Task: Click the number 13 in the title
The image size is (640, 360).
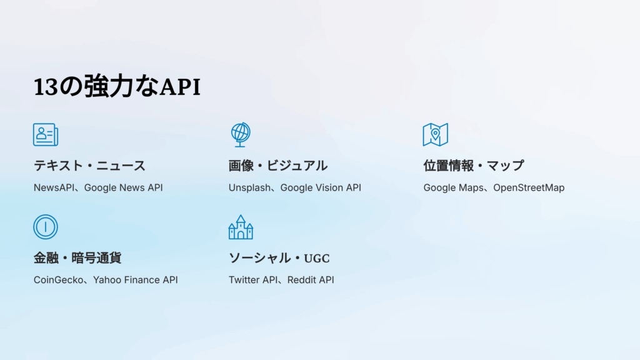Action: coord(45,87)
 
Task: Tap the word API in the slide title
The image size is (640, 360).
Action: coord(180,87)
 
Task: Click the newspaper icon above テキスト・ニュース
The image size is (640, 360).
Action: coord(46,134)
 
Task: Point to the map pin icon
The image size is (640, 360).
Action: coord(435,134)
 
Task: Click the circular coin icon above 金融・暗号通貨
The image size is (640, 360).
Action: coord(46,227)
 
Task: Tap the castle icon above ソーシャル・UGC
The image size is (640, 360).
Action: coord(241,227)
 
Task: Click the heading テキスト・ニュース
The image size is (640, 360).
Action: coord(89,166)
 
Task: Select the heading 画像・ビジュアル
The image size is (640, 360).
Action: coord(278,166)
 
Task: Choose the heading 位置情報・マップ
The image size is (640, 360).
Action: coord(473,166)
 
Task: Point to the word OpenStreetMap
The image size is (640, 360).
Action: coord(529,187)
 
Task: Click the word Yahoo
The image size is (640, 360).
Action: coord(107,280)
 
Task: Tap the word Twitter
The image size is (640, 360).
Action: coord(244,280)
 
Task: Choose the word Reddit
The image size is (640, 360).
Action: coord(302,280)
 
